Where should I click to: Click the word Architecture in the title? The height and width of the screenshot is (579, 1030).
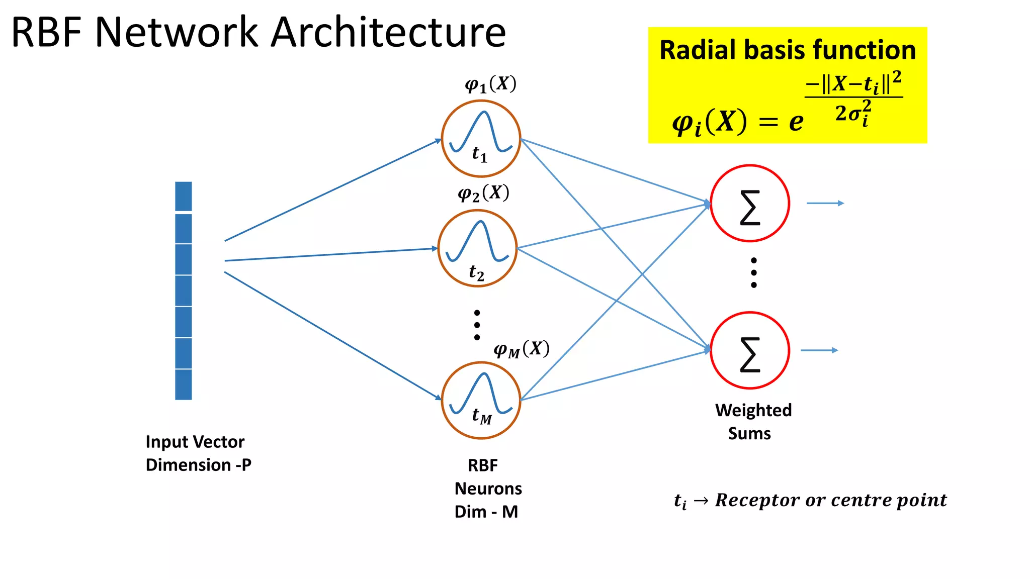click(388, 33)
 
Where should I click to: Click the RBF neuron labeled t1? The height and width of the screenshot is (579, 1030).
click(481, 139)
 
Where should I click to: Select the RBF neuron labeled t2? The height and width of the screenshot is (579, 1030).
click(477, 248)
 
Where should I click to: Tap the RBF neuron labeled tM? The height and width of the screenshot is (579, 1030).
click(481, 401)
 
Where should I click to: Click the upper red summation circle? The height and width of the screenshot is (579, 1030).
click(750, 204)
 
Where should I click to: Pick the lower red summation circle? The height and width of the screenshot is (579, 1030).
click(750, 350)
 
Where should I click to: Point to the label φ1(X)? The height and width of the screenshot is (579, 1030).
click(490, 84)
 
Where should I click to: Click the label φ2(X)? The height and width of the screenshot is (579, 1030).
click(483, 194)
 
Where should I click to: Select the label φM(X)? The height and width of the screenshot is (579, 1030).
click(521, 349)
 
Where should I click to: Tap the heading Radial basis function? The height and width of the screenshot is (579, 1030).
click(787, 50)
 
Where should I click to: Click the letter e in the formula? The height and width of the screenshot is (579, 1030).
click(796, 122)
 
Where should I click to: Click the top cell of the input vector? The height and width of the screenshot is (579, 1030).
click(184, 197)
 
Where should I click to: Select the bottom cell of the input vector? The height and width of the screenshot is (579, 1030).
click(184, 384)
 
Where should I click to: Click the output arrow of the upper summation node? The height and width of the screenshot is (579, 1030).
click(825, 203)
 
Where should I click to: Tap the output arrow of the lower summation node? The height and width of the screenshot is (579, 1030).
click(819, 350)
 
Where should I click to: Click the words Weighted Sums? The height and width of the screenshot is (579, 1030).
click(753, 422)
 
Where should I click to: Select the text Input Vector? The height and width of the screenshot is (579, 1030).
click(195, 442)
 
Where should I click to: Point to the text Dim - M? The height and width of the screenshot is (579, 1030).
click(486, 512)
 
